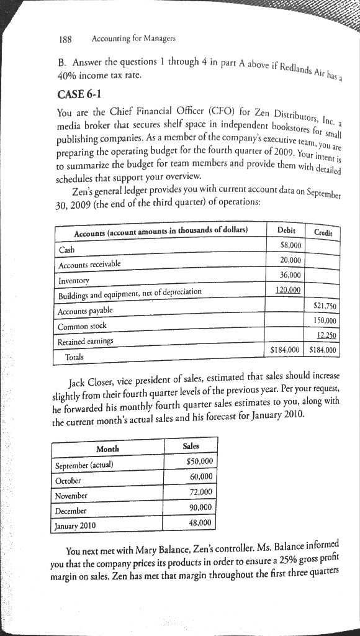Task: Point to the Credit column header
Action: [x=323, y=232]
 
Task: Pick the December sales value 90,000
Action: [x=200, y=507]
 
